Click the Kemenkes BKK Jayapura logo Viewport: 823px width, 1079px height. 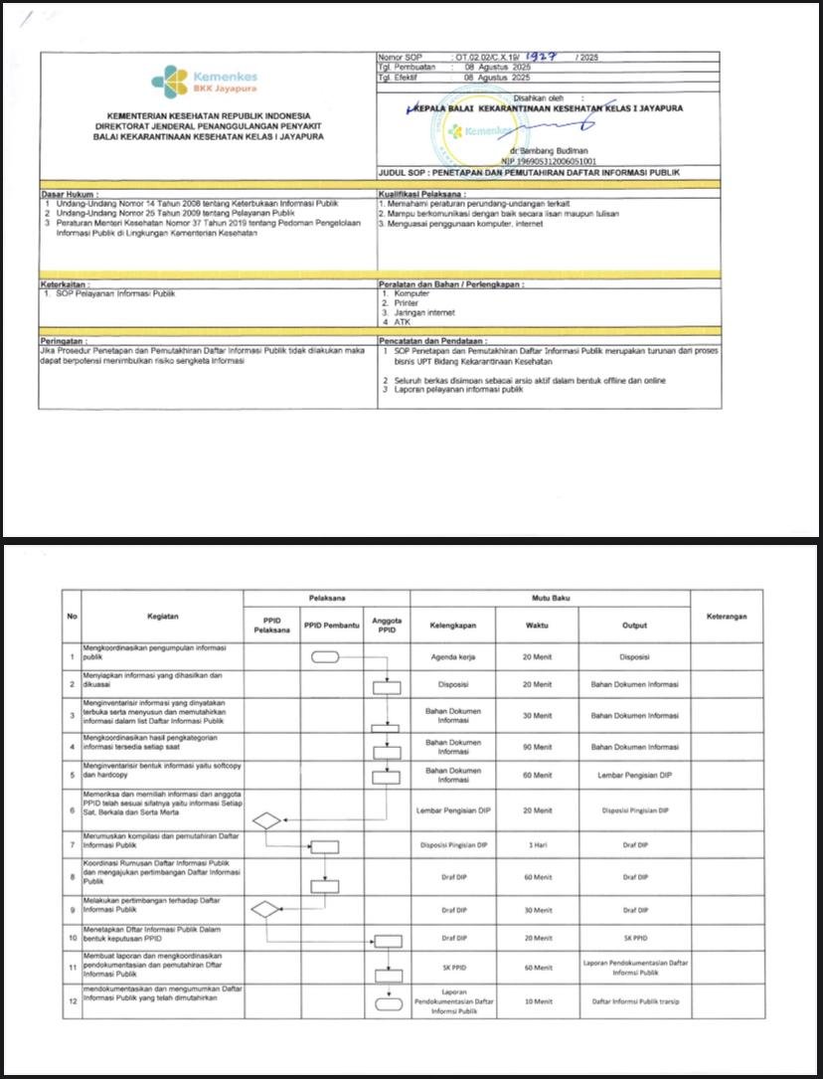(204, 80)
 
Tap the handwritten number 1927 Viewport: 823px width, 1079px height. (543, 57)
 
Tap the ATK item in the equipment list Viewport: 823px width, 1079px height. (400, 321)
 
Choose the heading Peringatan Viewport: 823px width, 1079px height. (64, 340)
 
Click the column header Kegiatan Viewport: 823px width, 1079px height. (162, 617)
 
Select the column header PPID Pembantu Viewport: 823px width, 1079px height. (327, 625)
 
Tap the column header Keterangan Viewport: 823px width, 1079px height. (727, 617)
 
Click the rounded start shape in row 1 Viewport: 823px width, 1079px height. (325, 657)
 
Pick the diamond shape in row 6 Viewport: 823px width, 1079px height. (266, 820)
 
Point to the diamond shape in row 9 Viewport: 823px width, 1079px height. (266, 909)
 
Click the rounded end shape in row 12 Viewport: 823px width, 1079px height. (386, 1003)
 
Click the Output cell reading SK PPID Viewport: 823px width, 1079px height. (634, 938)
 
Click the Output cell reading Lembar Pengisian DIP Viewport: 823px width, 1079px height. (634, 776)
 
